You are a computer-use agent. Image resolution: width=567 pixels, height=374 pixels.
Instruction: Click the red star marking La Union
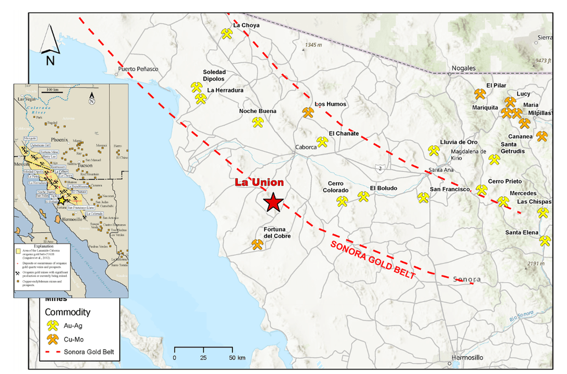point(273,202)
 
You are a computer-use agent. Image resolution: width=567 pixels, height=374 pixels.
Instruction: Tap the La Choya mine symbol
point(227,34)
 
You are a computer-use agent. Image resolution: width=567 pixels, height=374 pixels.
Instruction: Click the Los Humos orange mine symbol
point(308,112)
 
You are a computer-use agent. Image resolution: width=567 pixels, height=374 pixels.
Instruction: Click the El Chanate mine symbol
point(322,142)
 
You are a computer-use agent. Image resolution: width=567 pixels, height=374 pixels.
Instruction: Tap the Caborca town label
point(306,147)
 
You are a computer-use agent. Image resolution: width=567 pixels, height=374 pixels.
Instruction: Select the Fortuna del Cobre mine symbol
point(257,245)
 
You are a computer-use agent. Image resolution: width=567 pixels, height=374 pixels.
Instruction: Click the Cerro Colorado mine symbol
point(343,201)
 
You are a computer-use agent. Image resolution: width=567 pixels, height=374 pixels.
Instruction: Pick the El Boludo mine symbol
point(363,197)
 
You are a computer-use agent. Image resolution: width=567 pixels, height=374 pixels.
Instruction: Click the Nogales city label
point(463,68)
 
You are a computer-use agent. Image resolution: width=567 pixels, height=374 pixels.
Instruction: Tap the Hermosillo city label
point(466,357)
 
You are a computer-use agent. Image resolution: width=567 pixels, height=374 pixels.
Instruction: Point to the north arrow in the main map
point(50,43)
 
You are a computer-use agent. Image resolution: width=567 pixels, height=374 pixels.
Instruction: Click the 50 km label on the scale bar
point(237,358)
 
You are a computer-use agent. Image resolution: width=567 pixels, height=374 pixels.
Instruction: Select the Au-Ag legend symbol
point(54,326)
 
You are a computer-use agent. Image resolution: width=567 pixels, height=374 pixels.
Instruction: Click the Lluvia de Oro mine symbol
point(433,151)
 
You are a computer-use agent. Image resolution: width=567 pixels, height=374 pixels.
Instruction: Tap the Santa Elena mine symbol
point(544,240)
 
